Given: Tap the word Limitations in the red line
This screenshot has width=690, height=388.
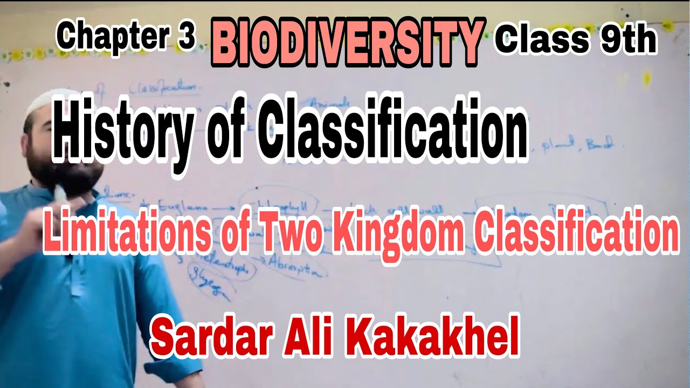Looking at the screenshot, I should pyautogui.click(x=125, y=233).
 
